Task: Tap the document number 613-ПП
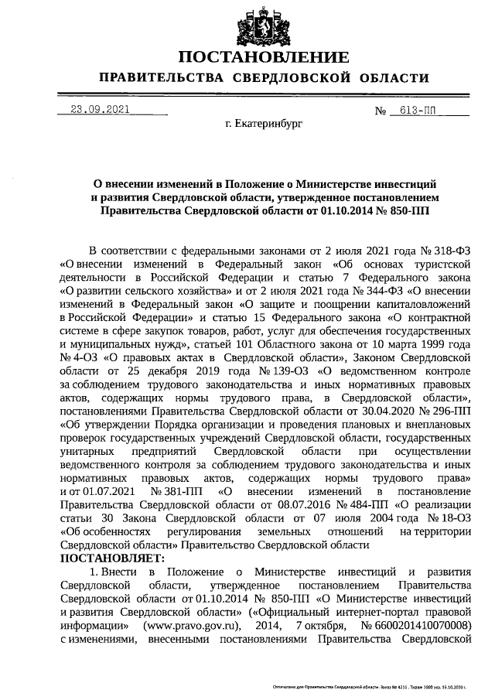pyautogui.click(x=415, y=110)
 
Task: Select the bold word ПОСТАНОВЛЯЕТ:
pyautogui.click(x=112, y=558)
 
